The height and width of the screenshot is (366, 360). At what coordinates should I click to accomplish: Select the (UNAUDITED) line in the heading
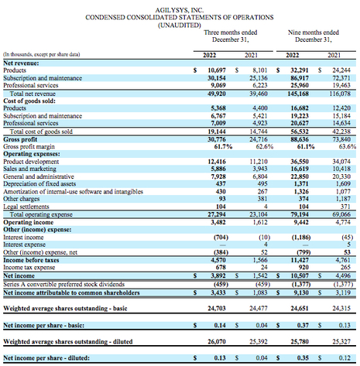point(179,22)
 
